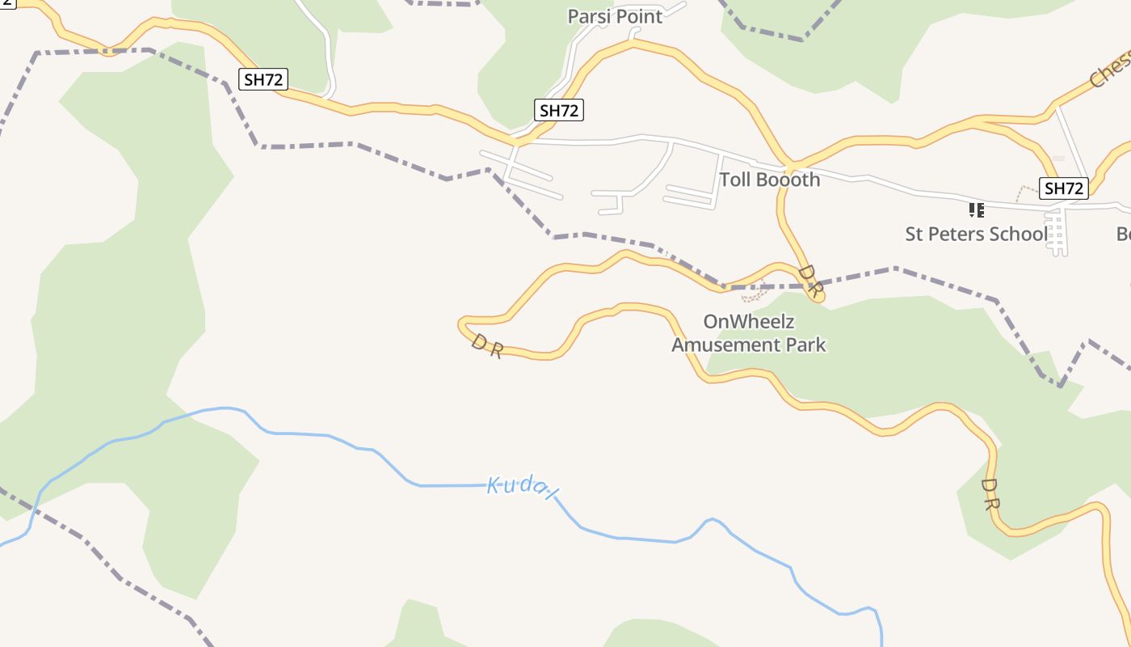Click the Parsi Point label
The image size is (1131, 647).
(x=615, y=16)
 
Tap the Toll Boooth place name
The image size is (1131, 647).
(x=769, y=180)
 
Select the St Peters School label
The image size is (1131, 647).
(x=976, y=235)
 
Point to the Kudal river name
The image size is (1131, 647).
(x=523, y=487)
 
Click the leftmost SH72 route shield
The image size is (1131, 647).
(x=263, y=78)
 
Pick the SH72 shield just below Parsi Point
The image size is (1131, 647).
(x=559, y=110)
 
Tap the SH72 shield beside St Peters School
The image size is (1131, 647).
(x=1064, y=188)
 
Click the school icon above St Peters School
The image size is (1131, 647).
(x=976, y=210)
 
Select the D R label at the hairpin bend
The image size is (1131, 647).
(x=487, y=346)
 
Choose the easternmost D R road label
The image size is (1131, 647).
(x=990, y=494)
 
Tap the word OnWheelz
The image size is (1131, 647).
(x=749, y=321)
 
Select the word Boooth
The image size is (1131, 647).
(x=788, y=180)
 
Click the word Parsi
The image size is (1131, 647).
(x=587, y=16)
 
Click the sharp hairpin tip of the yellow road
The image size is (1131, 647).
(x=460, y=325)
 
